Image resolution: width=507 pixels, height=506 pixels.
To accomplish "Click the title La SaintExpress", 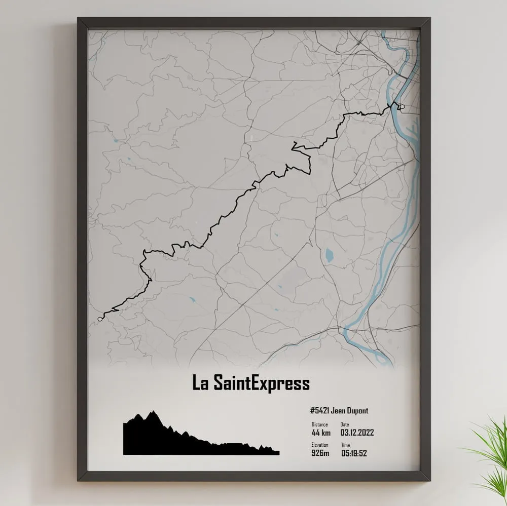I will [x=251, y=383].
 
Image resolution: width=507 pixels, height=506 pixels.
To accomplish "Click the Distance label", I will [x=319, y=424].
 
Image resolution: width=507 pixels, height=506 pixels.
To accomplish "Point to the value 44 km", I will [x=321, y=433].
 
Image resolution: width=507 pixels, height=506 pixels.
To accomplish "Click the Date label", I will [x=345, y=424].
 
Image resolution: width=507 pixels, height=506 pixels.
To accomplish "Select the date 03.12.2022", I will [x=357, y=433].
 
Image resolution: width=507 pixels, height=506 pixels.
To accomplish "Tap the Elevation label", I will [x=320, y=445].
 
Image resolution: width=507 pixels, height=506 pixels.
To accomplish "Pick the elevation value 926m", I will [x=320, y=453].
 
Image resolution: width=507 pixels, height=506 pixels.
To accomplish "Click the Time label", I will [x=345, y=445].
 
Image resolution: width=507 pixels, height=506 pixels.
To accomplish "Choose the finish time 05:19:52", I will [x=354, y=453].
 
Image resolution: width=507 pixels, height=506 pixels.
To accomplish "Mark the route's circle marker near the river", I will [x=402, y=107].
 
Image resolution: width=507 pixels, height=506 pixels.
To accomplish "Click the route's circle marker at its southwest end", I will [x=99, y=319].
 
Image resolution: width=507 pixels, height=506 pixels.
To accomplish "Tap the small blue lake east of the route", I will [x=329, y=255].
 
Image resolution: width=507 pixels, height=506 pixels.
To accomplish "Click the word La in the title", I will [x=199, y=383].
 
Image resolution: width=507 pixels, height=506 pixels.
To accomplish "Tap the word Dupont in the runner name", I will [x=358, y=411].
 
